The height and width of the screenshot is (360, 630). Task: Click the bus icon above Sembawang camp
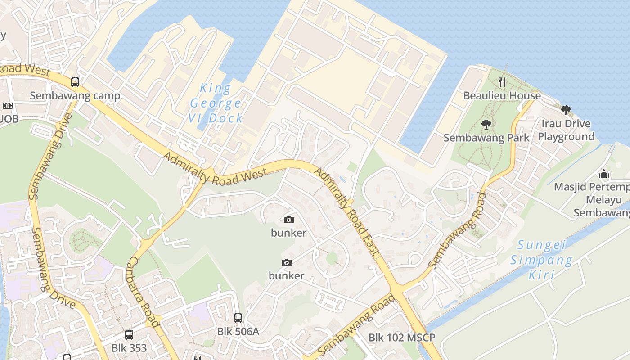[75, 82]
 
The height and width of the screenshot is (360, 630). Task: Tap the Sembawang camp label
[75, 96]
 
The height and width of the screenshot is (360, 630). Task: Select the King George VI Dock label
[216, 103]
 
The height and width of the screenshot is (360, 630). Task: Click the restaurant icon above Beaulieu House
[502, 82]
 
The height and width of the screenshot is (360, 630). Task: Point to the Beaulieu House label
[502, 96]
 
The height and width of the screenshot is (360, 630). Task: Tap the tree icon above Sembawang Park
[486, 124]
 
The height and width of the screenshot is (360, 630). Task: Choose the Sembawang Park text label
[486, 138]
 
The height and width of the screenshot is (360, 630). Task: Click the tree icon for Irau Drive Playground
[566, 109]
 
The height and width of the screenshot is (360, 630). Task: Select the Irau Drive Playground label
[566, 130]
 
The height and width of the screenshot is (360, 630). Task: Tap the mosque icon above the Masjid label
[604, 173]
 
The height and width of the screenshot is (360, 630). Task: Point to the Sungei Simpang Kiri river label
[541, 260]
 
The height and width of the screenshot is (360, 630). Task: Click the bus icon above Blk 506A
[238, 318]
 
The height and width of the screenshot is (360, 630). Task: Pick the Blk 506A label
[238, 332]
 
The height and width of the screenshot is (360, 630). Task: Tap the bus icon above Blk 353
[129, 335]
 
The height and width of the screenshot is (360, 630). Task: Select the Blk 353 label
[129, 348]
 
